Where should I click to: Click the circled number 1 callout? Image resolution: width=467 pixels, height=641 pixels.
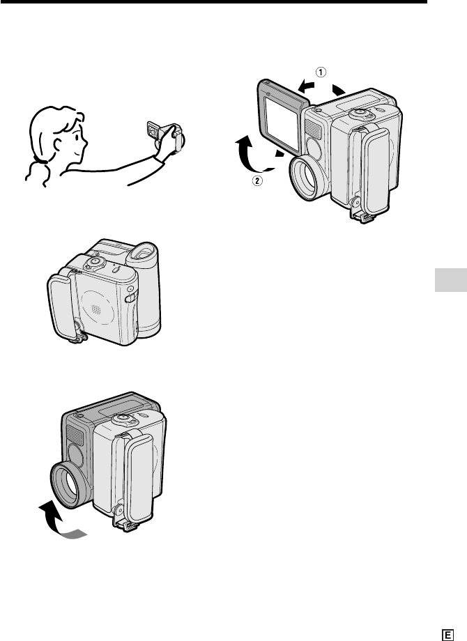[321, 72]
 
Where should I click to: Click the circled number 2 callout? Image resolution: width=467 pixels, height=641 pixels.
[257, 180]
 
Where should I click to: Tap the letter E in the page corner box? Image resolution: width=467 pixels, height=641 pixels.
[447, 635]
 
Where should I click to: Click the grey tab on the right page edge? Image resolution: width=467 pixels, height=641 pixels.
[451, 280]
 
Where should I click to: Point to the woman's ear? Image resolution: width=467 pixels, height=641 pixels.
[58, 144]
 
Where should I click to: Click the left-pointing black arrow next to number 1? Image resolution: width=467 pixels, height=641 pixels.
[307, 86]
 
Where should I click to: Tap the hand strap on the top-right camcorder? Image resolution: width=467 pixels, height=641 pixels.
[374, 169]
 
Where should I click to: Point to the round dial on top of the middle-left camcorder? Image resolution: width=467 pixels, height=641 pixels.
[95, 262]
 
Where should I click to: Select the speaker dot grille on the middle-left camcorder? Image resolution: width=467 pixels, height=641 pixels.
[96, 309]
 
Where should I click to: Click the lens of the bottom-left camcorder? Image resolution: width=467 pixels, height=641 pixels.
[68, 484]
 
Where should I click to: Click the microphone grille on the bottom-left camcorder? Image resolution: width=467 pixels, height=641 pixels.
[75, 435]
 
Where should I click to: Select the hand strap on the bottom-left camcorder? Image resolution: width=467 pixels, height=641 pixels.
[138, 478]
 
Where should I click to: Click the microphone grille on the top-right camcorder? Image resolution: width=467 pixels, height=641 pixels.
[313, 130]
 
